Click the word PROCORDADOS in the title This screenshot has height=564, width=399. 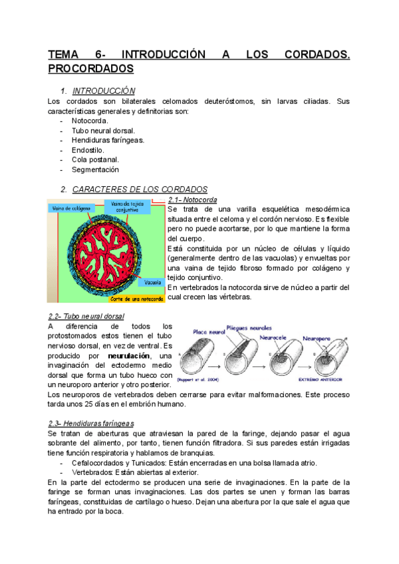coord(90,69)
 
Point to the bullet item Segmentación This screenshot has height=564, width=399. coord(95,170)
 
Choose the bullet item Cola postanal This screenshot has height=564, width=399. coord(95,160)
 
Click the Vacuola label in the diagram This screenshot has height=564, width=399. coord(153,283)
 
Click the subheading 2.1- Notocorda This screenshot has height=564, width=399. coord(192,200)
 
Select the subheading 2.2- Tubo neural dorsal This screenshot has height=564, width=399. coord(86,316)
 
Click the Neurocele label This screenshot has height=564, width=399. coord(287,337)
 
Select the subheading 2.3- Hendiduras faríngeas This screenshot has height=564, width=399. coord(91,423)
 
